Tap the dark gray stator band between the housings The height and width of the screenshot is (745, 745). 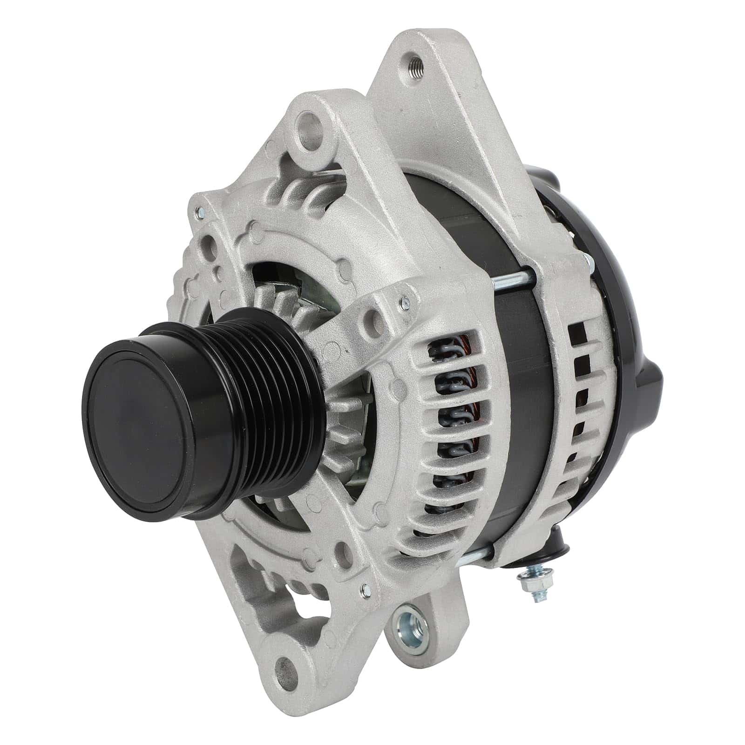coord(521,419)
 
